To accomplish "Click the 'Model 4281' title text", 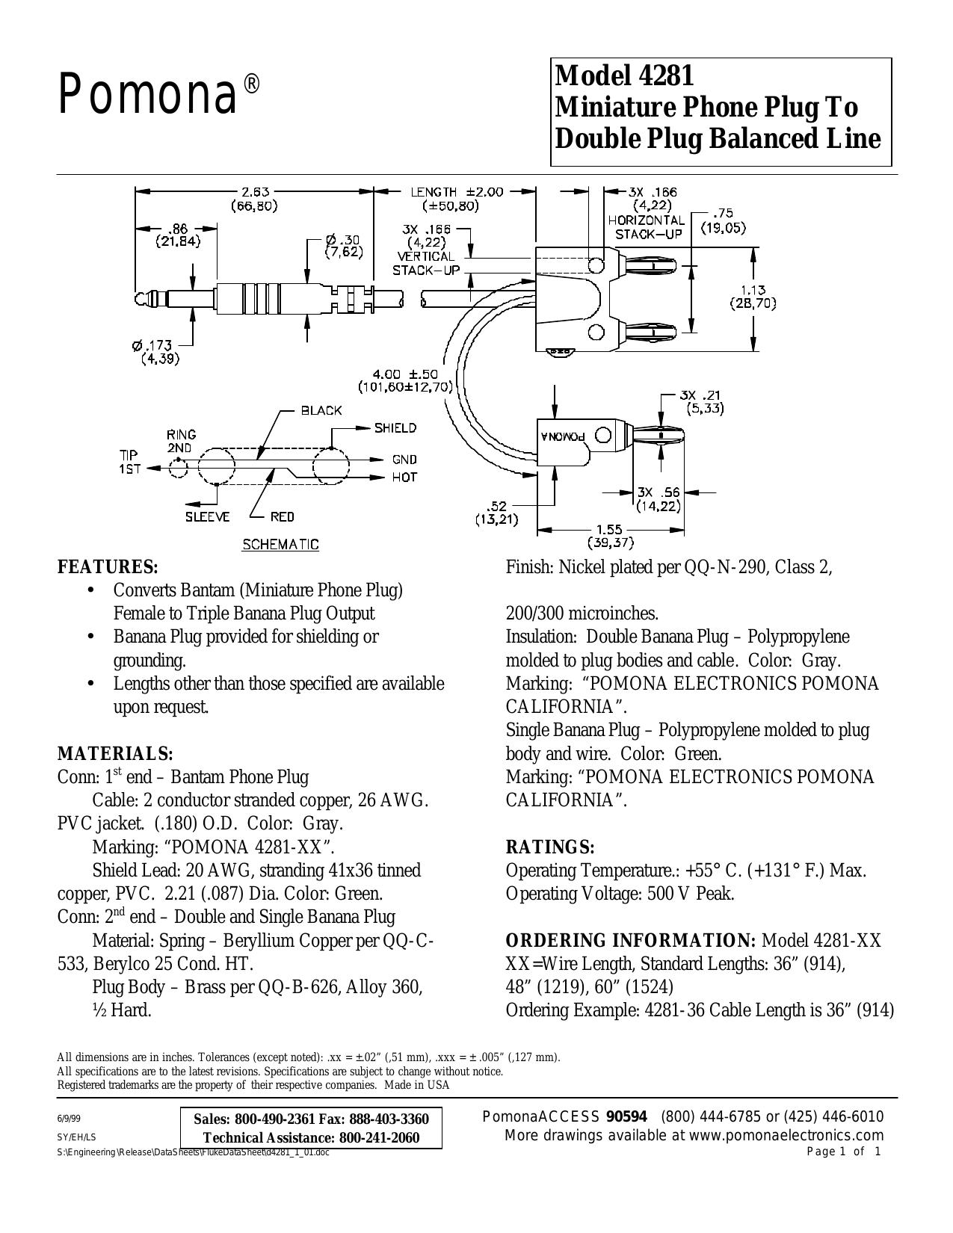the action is click(x=624, y=75).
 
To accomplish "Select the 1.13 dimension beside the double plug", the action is click(x=753, y=290).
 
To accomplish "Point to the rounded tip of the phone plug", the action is click(x=139, y=298).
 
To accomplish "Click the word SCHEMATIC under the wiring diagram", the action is click(x=280, y=545).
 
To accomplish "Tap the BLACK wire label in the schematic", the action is click(x=321, y=410).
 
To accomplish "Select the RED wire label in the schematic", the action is click(x=282, y=516).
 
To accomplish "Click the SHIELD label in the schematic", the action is click(x=395, y=428).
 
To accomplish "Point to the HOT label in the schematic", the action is click(x=404, y=478).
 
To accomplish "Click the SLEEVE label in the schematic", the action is click(x=207, y=516).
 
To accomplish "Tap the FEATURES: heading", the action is click(x=108, y=567).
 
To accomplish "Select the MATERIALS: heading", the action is click(x=115, y=753).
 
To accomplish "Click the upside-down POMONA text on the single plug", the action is click(x=563, y=436).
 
